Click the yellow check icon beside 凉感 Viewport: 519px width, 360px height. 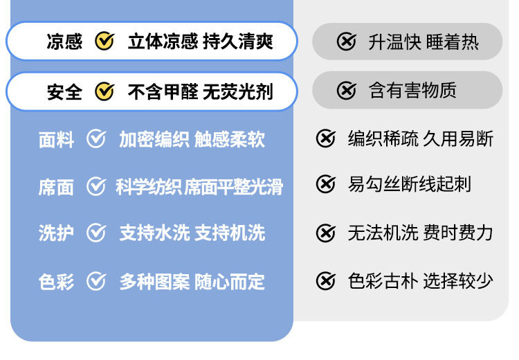104,42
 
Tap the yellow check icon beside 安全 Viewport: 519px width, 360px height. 104,91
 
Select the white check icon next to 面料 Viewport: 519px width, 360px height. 96,140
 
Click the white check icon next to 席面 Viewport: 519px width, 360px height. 96,186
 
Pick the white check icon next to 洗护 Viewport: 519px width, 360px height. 96,233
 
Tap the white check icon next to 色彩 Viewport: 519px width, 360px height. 96,281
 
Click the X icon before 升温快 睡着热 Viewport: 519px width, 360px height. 347,42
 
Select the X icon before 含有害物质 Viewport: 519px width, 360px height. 347,90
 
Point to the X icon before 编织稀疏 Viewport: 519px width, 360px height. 325,139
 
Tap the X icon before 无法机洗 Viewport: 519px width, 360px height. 325,233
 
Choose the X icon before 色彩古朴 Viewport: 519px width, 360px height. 325,280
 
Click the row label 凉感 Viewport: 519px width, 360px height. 64,42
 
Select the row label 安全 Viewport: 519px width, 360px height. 64,91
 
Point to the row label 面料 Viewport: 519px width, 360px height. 56,141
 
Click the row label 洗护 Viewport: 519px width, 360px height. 56,233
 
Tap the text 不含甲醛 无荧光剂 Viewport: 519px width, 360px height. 200,91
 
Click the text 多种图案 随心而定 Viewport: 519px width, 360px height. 192,282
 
